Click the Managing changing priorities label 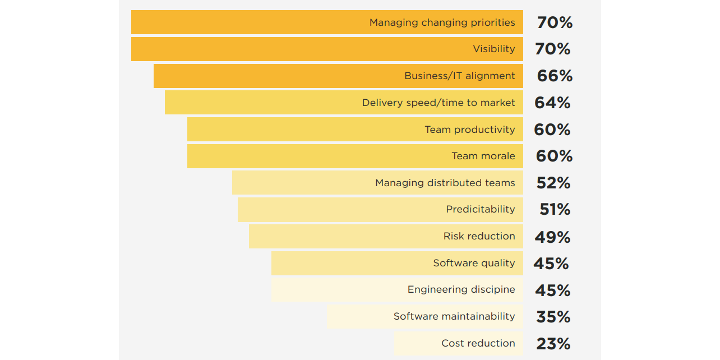click(442, 22)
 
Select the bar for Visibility click(327, 49)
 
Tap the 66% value click(555, 76)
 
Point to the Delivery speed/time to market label click(438, 103)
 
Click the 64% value click(552, 103)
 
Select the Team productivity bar click(355, 130)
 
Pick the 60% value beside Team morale click(554, 156)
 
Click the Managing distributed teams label click(445, 183)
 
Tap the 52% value click(553, 183)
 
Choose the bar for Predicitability click(380, 210)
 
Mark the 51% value click(555, 210)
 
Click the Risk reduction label click(479, 236)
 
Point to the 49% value click(552, 237)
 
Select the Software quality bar click(397, 264)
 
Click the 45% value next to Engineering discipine click(552, 290)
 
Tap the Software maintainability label click(454, 316)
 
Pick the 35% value click(553, 317)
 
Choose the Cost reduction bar click(459, 344)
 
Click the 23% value click(553, 344)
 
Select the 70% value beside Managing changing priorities click(555, 22)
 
